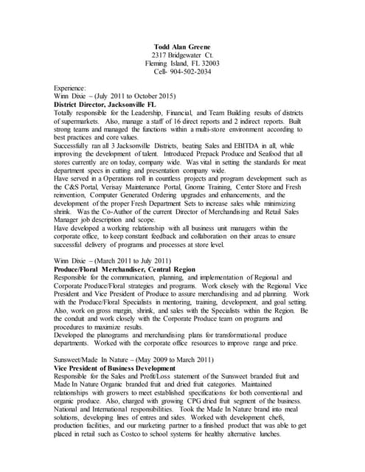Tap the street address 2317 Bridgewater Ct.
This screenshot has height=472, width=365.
181,55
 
